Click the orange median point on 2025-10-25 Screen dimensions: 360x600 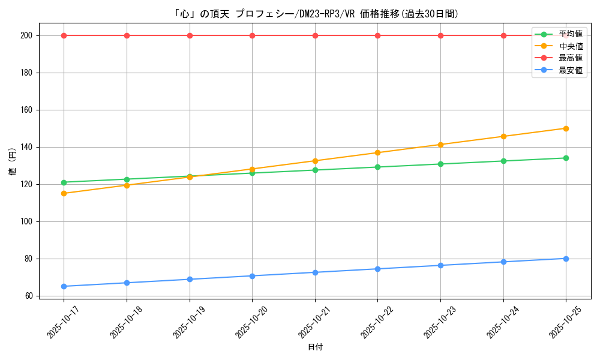(566, 128)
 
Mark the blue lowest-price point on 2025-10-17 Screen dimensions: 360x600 (64, 286)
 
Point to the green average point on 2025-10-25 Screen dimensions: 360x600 (566, 158)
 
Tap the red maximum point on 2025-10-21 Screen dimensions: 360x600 (315, 35)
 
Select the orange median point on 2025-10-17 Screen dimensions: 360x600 (64, 193)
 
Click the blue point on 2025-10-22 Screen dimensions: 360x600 (377, 269)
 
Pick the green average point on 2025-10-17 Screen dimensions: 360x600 (64, 182)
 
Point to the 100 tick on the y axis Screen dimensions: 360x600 (28, 221)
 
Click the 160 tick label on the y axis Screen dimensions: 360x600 (28, 110)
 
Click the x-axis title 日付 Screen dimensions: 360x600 (315, 347)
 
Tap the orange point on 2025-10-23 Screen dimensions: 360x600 (440, 145)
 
